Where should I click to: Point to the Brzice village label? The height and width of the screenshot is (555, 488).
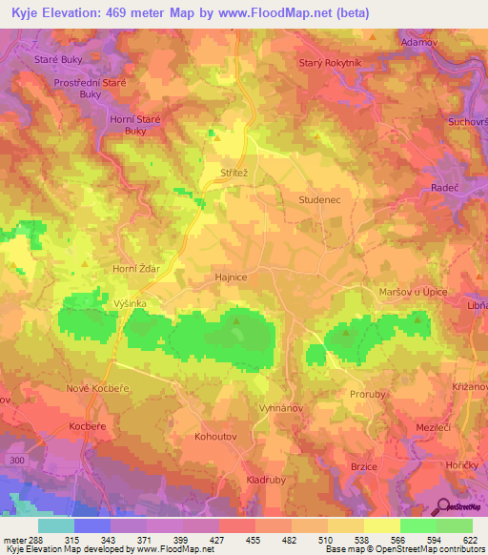(365, 465)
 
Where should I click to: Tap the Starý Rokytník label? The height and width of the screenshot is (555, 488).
(332, 63)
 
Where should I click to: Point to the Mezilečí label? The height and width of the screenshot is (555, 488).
(435, 427)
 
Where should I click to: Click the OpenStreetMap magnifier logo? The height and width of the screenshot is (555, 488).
(444, 506)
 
